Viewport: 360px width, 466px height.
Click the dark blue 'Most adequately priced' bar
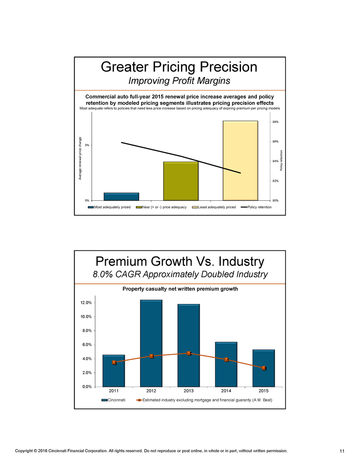point(108,196)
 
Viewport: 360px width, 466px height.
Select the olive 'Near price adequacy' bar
point(180,181)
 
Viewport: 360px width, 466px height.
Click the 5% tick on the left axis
point(87,145)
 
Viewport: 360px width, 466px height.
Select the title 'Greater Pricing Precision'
point(179,67)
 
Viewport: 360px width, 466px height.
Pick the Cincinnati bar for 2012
point(151,343)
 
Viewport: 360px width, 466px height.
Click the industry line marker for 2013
point(188,353)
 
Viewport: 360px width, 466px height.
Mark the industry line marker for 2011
point(114,362)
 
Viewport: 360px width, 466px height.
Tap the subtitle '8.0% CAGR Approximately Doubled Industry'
point(180,275)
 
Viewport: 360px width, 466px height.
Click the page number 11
point(342,451)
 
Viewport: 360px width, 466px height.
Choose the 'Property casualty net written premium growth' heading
point(180,289)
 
